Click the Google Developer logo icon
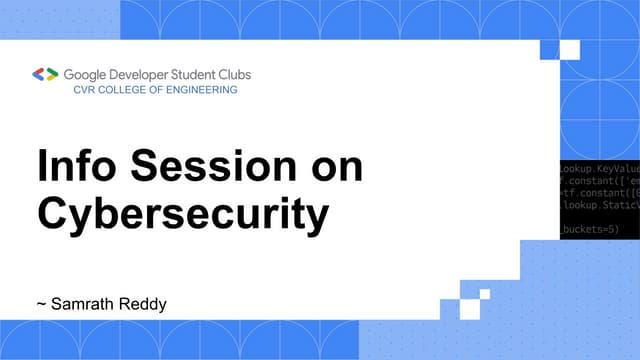(x=46, y=74)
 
